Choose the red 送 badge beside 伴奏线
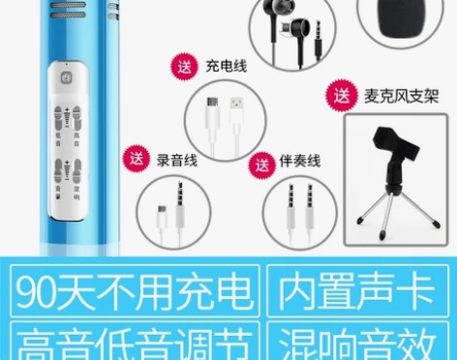click(259, 165)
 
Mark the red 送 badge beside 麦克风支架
click(342, 96)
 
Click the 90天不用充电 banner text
click(135, 293)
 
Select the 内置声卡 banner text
click(356, 293)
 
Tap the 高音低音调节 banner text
click(135, 341)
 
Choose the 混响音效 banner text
click(356, 341)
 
